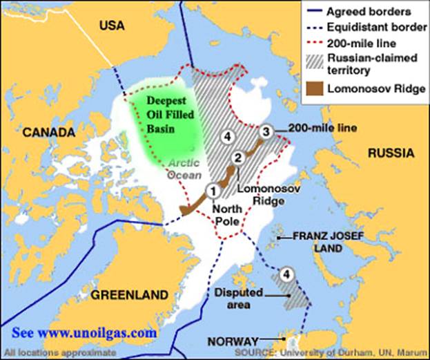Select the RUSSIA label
pos(391,153)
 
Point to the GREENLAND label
pos(130,295)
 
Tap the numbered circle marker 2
pos(237,158)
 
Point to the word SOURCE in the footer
pos(253,352)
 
